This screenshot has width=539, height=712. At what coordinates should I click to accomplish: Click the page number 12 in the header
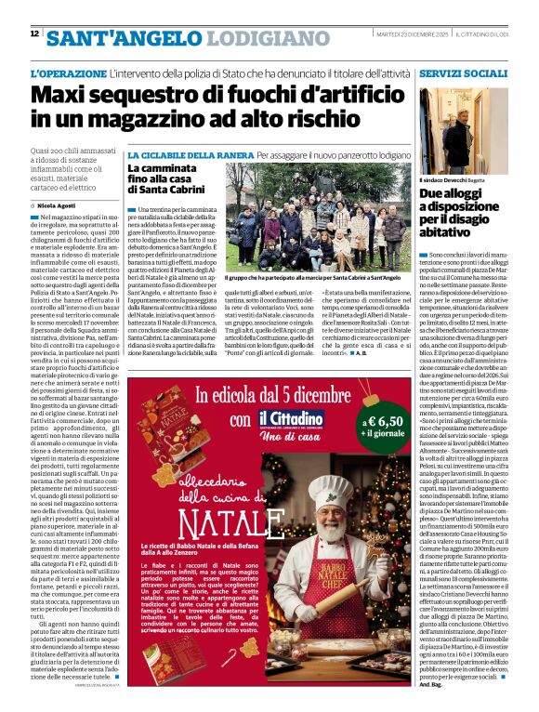click(34, 34)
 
